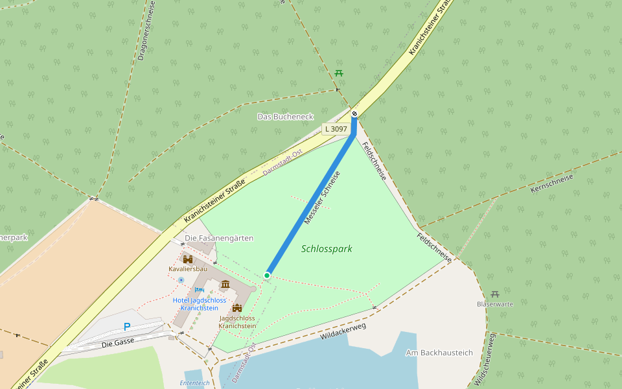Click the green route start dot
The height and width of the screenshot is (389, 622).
click(267, 276)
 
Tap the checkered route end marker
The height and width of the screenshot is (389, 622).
click(354, 115)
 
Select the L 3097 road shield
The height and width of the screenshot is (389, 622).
click(336, 129)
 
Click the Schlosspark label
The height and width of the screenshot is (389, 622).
click(327, 248)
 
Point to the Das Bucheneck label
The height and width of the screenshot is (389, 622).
click(285, 117)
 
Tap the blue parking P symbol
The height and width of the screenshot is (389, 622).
click(127, 327)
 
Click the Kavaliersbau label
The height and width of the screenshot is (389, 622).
click(188, 268)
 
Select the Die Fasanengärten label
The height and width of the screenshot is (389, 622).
click(219, 238)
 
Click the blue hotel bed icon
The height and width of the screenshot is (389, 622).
click(200, 290)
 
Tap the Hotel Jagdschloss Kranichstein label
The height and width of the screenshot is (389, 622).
click(199, 303)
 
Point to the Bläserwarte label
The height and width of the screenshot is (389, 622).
click(495, 303)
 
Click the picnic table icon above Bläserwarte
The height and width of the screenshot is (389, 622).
click(495, 294)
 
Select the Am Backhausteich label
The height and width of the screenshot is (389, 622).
click(439, 353)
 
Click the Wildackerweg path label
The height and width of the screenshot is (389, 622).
click(343, 331)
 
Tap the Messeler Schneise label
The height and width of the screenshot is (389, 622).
click(322, 198)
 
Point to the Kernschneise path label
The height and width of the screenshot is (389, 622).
click(552, 183)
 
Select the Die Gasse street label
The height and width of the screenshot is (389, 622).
click(117, 344)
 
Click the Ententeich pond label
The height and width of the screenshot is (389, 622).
click(194, 383)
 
